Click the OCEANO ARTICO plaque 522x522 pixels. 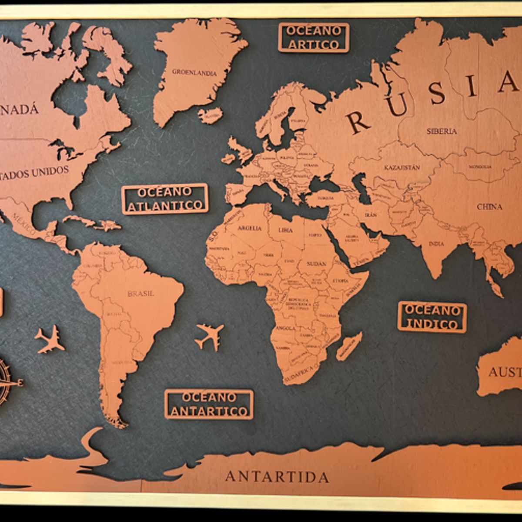(313, 37)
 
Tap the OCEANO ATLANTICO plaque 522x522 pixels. (165, 199)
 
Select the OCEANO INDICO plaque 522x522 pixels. (432, 317)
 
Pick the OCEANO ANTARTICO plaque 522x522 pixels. (209, 404)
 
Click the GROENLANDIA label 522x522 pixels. (194, 73)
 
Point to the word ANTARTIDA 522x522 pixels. (277, 477)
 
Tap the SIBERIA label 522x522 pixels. (442, 131)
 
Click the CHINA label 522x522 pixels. (489, 207)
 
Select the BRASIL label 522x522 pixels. (141, 294)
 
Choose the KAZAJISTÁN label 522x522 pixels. (402, 167)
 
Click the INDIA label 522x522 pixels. (436, 244)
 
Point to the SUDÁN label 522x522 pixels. (316, 264)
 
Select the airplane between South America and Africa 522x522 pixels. (210, 336)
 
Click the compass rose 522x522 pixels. (7, 382)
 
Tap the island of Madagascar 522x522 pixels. (349, 346)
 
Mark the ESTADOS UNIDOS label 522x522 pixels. (35, 172)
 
